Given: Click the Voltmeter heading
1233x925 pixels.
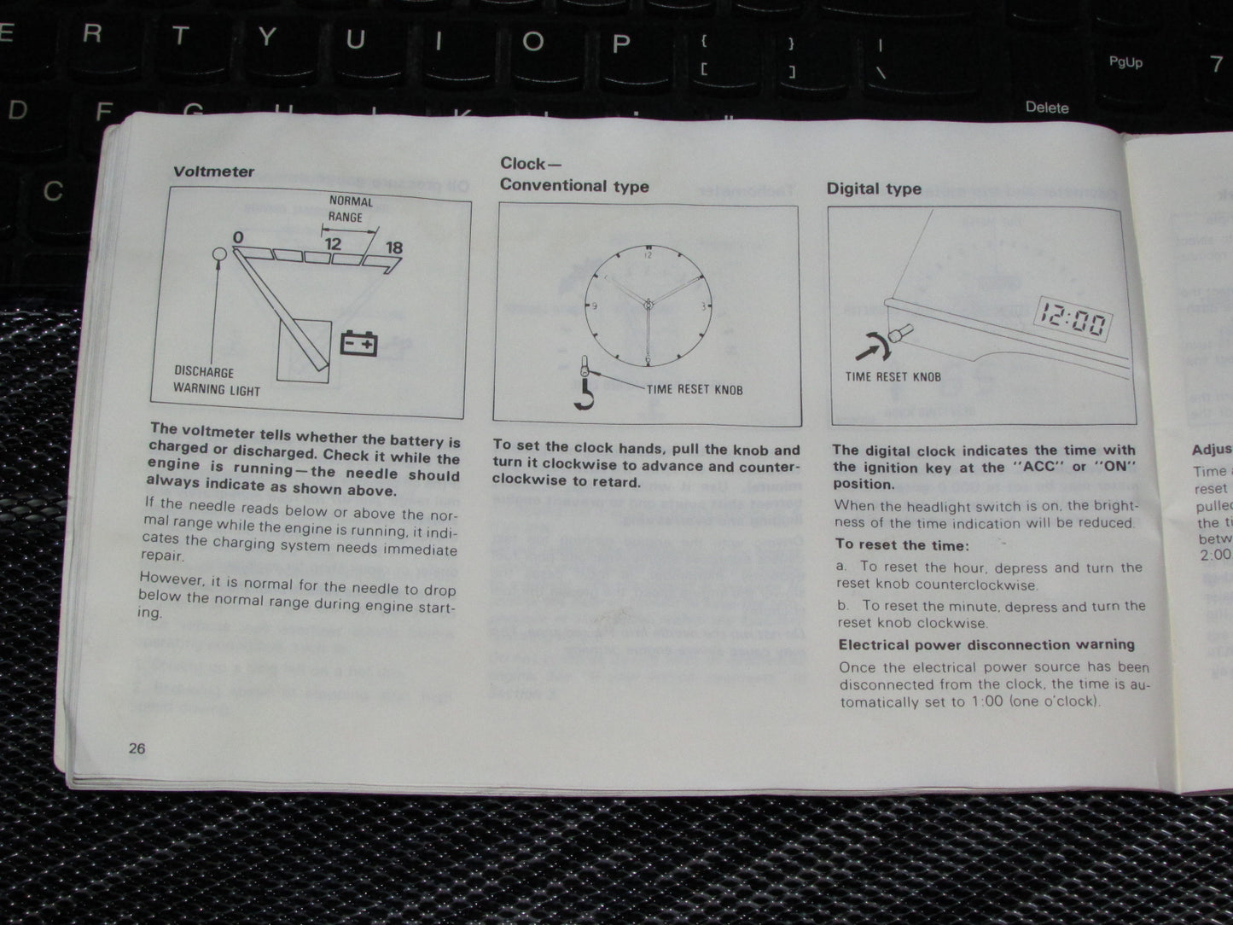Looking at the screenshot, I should [x=213, y=172].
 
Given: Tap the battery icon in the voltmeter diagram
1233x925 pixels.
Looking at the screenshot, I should [x=359, y=343].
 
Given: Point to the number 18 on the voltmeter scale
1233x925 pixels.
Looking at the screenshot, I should [x=393, y=248].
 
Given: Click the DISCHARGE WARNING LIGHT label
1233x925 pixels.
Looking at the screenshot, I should [x=216, y=381].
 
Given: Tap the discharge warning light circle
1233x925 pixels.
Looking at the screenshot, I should [x=218, y=254].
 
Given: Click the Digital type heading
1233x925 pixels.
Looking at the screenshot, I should [x=874, y=189].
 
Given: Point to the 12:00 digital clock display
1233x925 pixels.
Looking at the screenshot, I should [x=1073, y=322].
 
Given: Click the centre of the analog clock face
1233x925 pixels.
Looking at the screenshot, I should [x=648, y=304].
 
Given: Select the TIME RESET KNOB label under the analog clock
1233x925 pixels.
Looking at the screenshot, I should [x=694, y=390].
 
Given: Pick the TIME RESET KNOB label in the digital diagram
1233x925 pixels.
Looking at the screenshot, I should [x=893, y=376].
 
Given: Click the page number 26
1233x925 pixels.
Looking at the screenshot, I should [x=137, y=749].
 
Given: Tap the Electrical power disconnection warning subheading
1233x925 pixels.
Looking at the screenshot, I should [x=986, y=645].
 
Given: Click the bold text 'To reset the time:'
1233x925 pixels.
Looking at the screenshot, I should [x=902, y=545].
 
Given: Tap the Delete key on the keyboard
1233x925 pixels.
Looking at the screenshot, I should [x=1046, y=108].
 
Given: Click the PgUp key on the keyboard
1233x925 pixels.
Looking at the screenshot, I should [x=1125, y=62].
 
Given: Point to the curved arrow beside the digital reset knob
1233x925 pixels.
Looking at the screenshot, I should [x=873, y=345].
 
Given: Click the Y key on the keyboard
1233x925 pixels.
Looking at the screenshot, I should [x=268, y=37].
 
